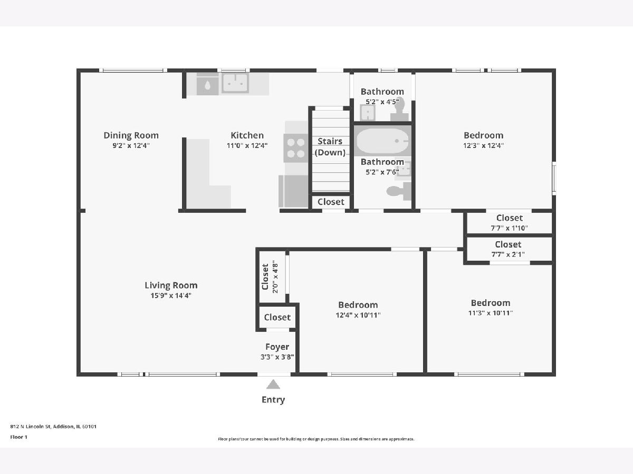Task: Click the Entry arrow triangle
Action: tap(273, 384)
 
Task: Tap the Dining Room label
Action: tap(131, 135)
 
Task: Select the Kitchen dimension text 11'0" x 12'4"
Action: tap(247, 146)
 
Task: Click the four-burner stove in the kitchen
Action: tap(295, 148)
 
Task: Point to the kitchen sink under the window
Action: tap(235, 83)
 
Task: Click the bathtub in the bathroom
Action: tap(382, 141)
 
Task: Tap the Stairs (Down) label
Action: tap(330, 147)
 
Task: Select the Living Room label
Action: tap(171, 285)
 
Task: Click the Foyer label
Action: tap(277, 347)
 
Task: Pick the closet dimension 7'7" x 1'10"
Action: tap(509, 228)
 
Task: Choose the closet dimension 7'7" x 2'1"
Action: tap(508, 254)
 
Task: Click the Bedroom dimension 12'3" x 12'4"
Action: tap(483, 146)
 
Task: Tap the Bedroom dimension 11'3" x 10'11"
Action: tap(490, 313)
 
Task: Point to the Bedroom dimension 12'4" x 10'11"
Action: tap(358, 315)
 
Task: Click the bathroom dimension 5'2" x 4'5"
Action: tap(382, 102)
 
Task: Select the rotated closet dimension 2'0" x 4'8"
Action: tap(275, 276)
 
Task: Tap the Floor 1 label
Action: tap(18, 437)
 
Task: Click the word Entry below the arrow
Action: tap(273, 400)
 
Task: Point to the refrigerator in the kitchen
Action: tap(293, 191)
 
